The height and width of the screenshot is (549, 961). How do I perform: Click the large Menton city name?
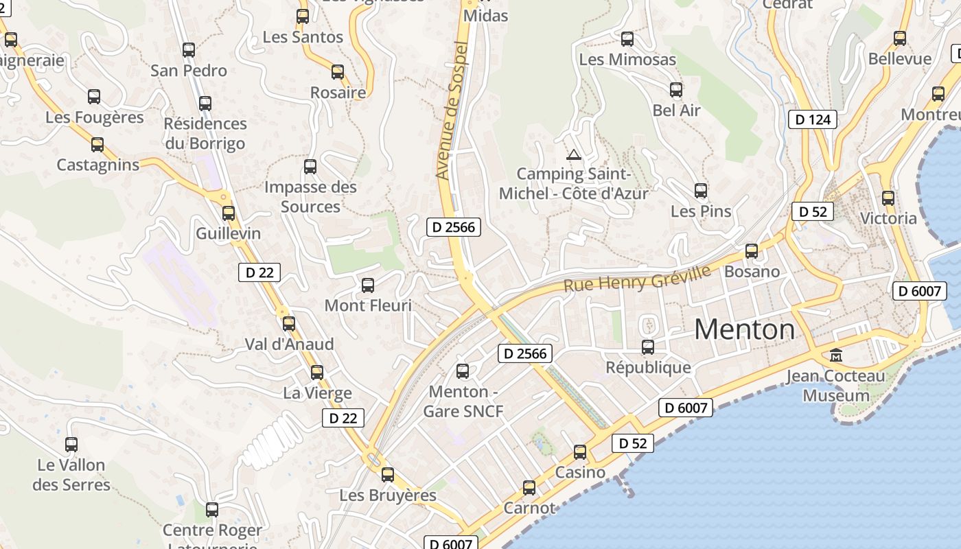(x=744, y=329)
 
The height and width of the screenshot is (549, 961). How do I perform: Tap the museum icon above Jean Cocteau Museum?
(x=836, y=355)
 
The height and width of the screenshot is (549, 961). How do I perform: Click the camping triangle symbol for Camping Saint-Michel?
(x=574, y=154)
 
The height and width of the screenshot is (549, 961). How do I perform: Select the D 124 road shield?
(x=813, y=119)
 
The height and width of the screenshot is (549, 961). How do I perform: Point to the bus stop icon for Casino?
(x=580, y=452)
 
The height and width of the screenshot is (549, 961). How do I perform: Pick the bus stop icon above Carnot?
(x=529, y=488)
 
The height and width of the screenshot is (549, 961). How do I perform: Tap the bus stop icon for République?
(x=648, y=347)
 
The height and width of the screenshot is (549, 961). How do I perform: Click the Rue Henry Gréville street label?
(x=637, y=278)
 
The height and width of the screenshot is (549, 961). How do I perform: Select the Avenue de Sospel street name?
(x=451, y=110)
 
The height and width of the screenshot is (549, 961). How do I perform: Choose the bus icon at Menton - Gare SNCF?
(x=463, y=371)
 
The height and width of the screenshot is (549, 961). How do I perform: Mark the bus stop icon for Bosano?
(x=752, y=251)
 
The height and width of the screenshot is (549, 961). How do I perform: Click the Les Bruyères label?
(x=388, y=495)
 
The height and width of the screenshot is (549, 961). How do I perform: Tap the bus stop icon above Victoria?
(x=888, y=198)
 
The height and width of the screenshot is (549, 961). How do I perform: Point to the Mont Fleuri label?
(x=368, y=305)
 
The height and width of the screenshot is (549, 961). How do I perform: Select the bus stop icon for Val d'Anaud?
(x=289, y=324)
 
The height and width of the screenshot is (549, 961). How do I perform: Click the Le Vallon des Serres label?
(x=71, y=474)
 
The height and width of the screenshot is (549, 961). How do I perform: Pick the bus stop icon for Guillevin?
(x=229, y=213)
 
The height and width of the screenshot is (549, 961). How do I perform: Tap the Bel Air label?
(x=676, y=110)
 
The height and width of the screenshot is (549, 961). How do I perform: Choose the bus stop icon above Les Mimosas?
(x=627, y=39)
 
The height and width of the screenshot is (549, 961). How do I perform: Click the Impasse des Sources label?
(x=310, y=196)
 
